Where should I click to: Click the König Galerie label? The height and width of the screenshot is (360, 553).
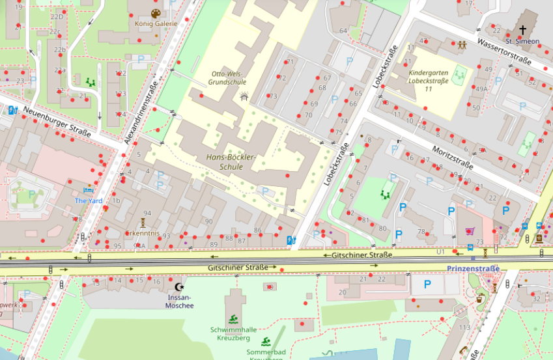click(156, 23)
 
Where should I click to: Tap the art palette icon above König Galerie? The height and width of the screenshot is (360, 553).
click(156, 13)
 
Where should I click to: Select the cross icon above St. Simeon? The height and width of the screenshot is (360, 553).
click(522, 30)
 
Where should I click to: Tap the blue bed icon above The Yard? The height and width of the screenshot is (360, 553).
click(89, 191)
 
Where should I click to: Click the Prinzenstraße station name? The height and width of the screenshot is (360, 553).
click(473, 268)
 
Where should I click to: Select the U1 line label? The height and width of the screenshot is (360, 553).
click(440, 251)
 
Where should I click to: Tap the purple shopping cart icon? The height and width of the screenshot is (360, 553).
click(469, 231)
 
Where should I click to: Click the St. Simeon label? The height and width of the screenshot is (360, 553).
click(527, 41)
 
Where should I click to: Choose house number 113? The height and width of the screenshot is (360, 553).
click(464, 327)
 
